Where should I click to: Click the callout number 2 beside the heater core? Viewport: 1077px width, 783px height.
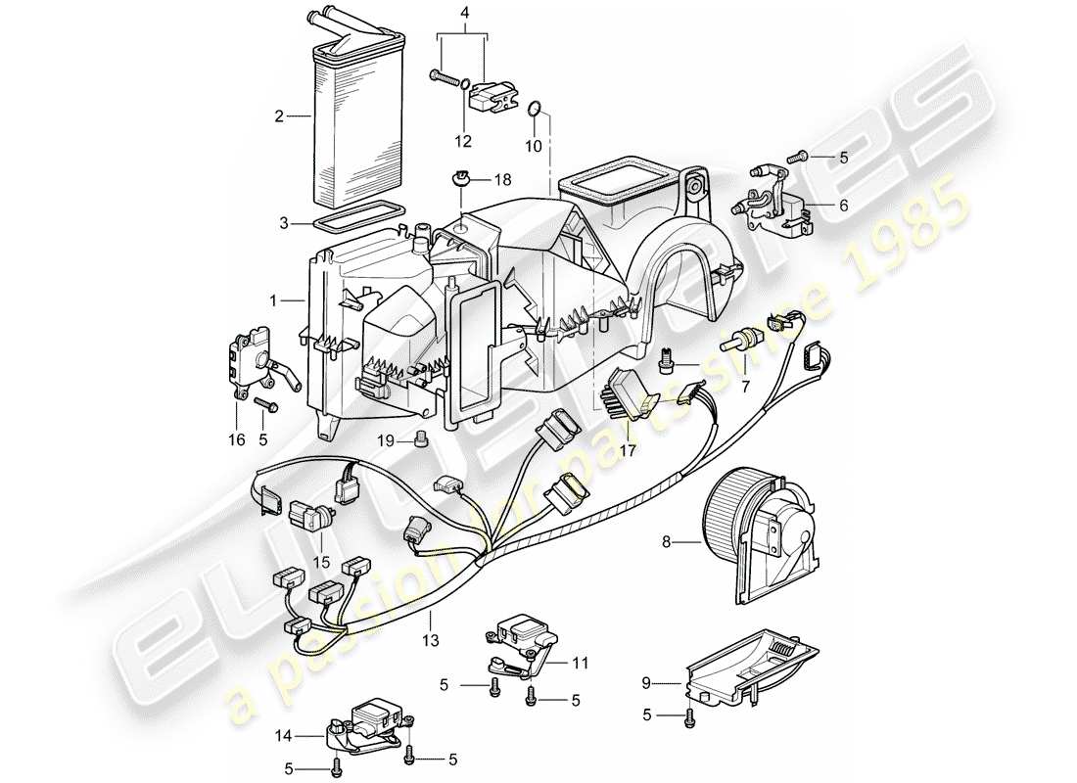pyautogui.click(x=279, y=116)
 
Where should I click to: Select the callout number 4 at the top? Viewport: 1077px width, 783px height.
pyautogui.click(x=464, y=13)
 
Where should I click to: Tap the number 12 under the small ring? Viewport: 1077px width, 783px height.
pyautogui.click(x=463, y=141)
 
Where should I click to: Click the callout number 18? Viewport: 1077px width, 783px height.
pyautogui.click(x=502, y=179)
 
